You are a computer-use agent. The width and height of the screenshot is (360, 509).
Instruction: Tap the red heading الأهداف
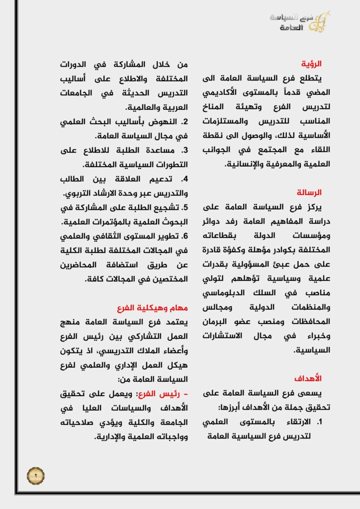pyautogui.click(x=312, y=378)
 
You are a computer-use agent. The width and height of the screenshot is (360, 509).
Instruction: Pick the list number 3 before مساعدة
pyautogui.click(x=184, y=150)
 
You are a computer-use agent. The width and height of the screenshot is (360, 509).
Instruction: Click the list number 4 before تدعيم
pyautogui.click(x=184, y=178)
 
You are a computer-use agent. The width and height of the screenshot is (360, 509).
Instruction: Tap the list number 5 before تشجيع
pyautogui.click(x=184, y=207)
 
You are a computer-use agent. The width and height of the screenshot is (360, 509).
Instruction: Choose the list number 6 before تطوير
pyautogui.click(x=184, y=235)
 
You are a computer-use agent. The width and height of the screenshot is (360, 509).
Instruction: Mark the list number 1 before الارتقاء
pyautogui.click(x=321, y=422)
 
